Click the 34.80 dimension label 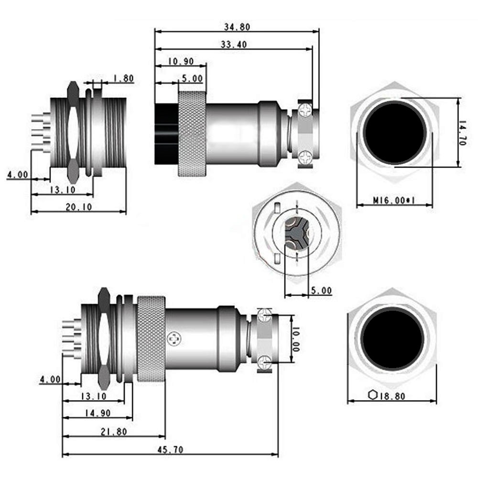(x=237, y=27)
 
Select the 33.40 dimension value (x=234, y=45)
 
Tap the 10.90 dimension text (x=181, y=61)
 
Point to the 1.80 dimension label (x=123, y=79)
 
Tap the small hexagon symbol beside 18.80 (x=373, y=395)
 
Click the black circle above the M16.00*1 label (x=394, y=132)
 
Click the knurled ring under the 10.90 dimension (x=193, y=134)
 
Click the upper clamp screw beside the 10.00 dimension (x=265, y=315)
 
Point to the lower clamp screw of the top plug (x=305, y=155)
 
